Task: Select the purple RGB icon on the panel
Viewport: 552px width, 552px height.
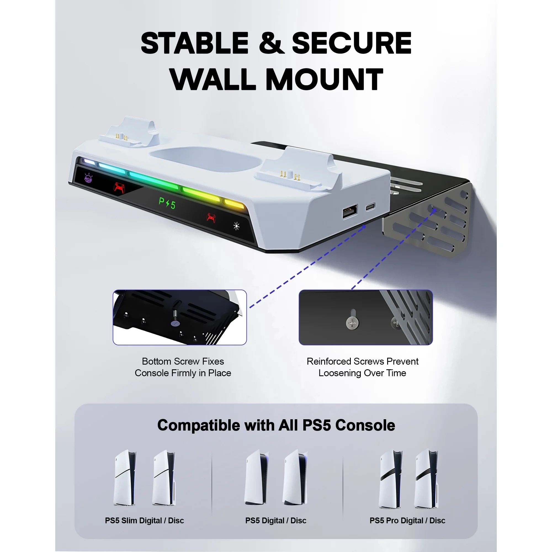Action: point(88,178)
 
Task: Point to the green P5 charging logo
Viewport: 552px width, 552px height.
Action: point(167,203)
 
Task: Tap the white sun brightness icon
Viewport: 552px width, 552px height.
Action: point(236,226)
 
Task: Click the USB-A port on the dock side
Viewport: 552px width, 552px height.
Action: point(350,211)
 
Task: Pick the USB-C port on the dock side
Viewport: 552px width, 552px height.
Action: point(370,206)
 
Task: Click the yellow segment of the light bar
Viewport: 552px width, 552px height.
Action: point(234,204)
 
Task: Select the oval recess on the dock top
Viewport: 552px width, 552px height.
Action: point(206,159)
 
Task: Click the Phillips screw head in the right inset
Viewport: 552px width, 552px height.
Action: point(352,323)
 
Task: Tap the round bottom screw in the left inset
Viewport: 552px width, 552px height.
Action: point(175,323)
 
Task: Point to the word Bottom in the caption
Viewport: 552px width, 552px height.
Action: point(156,362)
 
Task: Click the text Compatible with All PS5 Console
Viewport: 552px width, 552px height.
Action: point(276,425)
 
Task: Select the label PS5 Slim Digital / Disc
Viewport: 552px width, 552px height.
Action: point(144,521)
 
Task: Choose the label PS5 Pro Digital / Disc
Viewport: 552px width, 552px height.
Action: point(407,521)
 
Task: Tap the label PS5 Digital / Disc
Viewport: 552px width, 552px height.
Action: point(276,521)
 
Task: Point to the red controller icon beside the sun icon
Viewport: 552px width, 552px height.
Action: point(211,218)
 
